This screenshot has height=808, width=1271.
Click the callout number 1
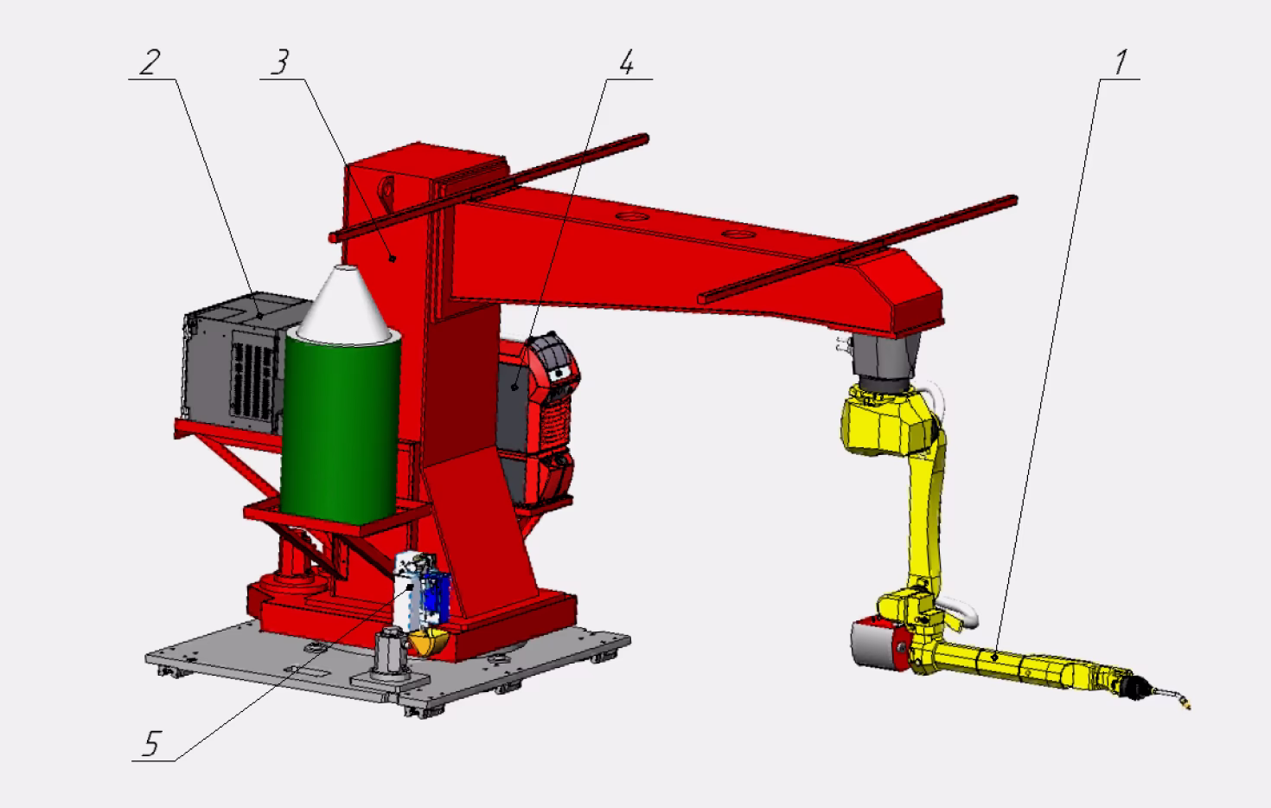(x=1120, y=62)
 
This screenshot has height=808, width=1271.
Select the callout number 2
(x=150, y=62)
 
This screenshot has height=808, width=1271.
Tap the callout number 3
(x=280, y=62)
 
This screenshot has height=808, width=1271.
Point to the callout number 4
(x=626, y=62)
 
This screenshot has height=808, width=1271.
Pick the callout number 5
(x=151, y=743)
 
